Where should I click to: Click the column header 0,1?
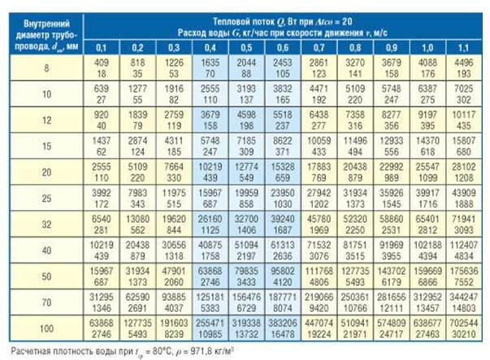[x=102, y=48]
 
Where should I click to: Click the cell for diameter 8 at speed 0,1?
[x=102, y=67]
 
